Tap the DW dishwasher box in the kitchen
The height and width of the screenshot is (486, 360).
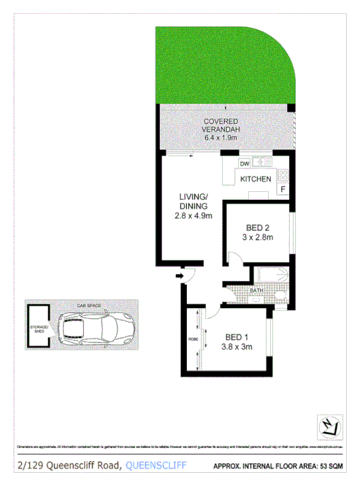pos(244,163)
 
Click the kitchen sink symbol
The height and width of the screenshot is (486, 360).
pos(261,162)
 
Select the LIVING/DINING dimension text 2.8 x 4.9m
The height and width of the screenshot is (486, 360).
pos(194,215)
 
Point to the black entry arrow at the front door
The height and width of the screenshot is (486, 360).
pos(179,277)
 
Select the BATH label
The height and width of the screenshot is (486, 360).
pos(256,291)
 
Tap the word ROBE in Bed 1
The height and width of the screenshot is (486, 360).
pos(193,339)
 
